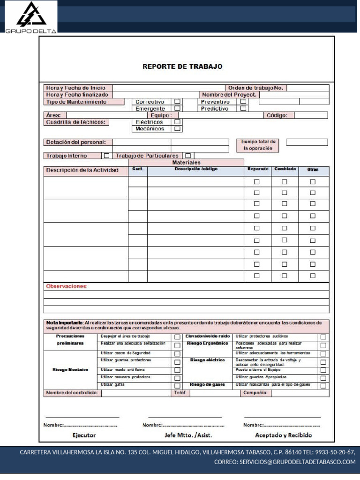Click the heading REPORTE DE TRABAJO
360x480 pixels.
182,67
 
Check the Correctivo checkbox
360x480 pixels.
178,101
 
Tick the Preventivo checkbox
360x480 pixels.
243,101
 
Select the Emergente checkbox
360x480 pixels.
178,108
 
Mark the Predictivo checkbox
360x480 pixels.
243,108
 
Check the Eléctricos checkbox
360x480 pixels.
178,122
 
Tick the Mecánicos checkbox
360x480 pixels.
178,128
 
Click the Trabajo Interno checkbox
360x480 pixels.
107,156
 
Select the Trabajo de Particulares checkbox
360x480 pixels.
188,156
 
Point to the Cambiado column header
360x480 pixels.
285,169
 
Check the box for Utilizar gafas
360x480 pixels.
178,385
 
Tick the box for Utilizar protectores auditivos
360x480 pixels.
323,337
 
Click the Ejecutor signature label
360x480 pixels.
84,435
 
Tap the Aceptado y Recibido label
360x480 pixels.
283,435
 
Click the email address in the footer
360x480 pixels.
285,462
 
